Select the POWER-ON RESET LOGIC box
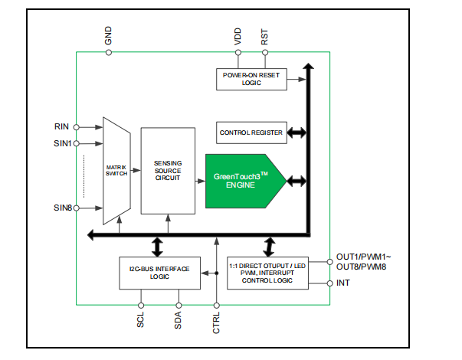click(x=251, y=79)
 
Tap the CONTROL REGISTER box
click(x=251, y=133)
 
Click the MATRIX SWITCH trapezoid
click(x=115, y=170)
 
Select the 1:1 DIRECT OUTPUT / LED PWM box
click(x=267, y=272)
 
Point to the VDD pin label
click(x=238, y=36)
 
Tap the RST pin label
click(x=265, y=36)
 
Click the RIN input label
click(x=62, y=126)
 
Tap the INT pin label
click(x=344, y=283)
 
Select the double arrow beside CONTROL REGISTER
click(x=297, y=133)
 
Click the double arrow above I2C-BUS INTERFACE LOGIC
click(x=159, y=245)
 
